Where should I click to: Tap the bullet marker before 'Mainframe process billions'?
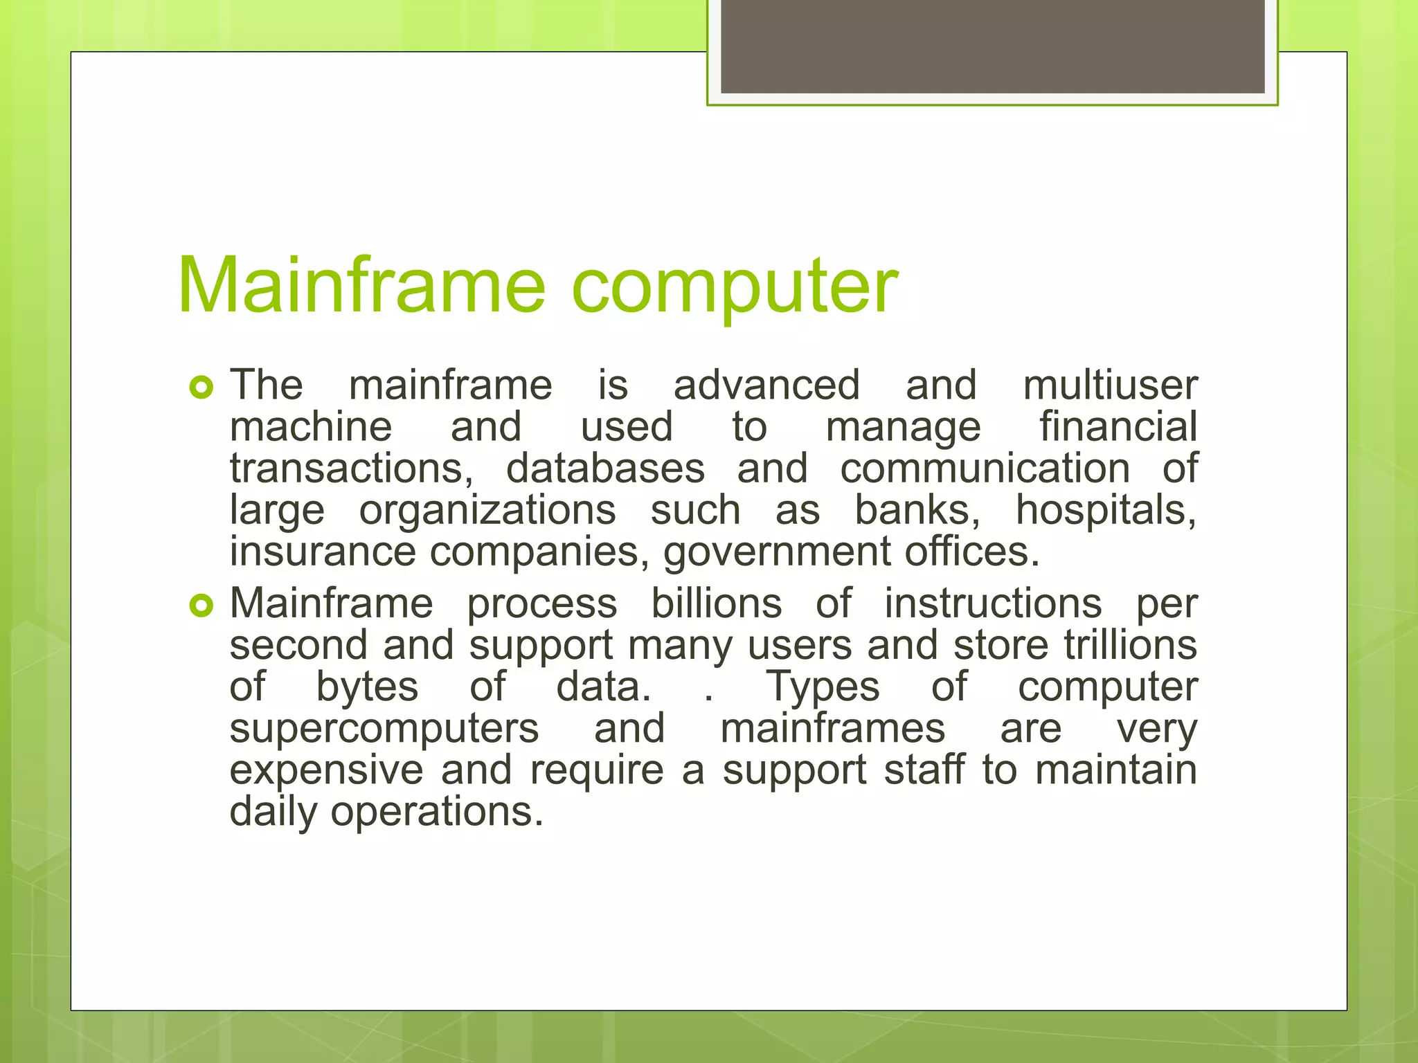tap(201, 606)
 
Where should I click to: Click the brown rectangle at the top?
tap(992, 46)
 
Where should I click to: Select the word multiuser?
tap(1110, 385)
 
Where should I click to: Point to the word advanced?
tap(766, 385)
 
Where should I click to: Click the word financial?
tap(1118, 426)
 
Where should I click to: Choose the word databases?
tap(605, 469)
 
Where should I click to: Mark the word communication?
tap(985, 469)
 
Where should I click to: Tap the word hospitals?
tap(1106, 511)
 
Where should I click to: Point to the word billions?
tap(717, 603)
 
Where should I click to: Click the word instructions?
tap(993, 603)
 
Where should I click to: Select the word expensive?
tap(326, 771)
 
